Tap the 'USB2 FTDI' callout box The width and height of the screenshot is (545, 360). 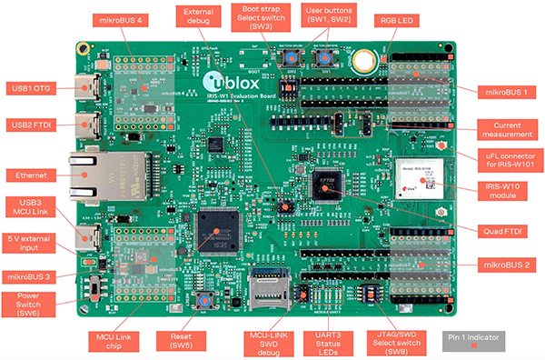(31, 124)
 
